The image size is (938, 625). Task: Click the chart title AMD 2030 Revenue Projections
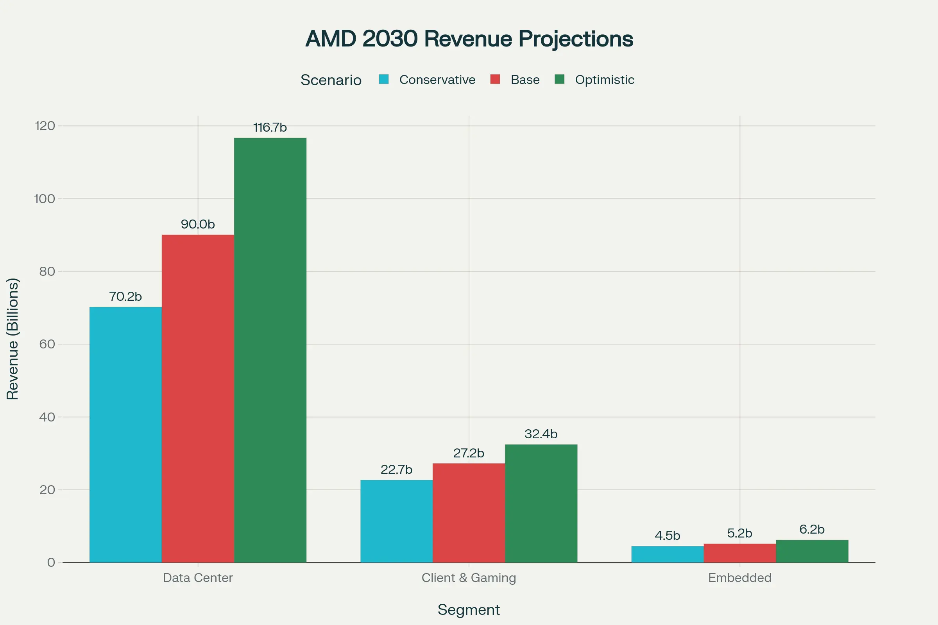click(x=469, y=39)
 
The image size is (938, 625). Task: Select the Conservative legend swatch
click(x=384, y=79)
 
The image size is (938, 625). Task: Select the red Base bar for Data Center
click(x=198, y=398)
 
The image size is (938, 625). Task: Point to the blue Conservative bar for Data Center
click(x=125, y=434)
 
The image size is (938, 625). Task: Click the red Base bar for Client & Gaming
click(x=469, y=512)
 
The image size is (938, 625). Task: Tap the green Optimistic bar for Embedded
click(x=812, y=551)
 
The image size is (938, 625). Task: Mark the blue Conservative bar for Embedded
click(x=667, y=554)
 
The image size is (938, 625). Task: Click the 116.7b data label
click(x=270, y=128)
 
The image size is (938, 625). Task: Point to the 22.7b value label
click(x=396, y=470)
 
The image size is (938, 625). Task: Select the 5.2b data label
click(x=739, y=533)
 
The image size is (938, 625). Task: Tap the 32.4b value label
click(x=541, y=434)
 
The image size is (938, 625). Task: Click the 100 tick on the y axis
click(x=44, y=198)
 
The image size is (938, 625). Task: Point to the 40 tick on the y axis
click(x=47, y=417)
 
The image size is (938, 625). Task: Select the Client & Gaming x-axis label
click(x=469, y=578)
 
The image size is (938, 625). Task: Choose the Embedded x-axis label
click(x=739, y=578)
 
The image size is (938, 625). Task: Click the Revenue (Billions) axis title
click(x=13, y=339)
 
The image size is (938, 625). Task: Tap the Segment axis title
click(x=469, y=610)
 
